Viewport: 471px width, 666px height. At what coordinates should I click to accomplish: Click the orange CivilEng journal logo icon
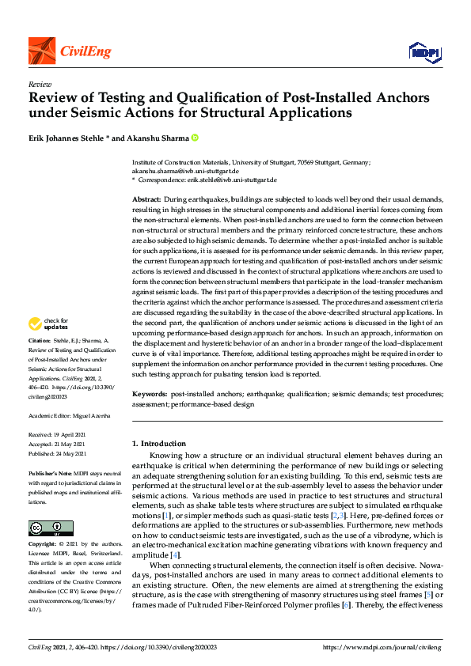[x=41, y=51]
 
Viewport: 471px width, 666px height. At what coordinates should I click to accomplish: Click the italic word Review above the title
[x=40, y=83]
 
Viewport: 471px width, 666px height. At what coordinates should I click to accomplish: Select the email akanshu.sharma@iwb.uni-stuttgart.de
[x=185, y=171]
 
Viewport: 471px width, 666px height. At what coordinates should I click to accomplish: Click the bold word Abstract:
[x=146, y=199]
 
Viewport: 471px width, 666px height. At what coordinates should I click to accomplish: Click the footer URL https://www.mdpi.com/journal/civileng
[x=379, y=647]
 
